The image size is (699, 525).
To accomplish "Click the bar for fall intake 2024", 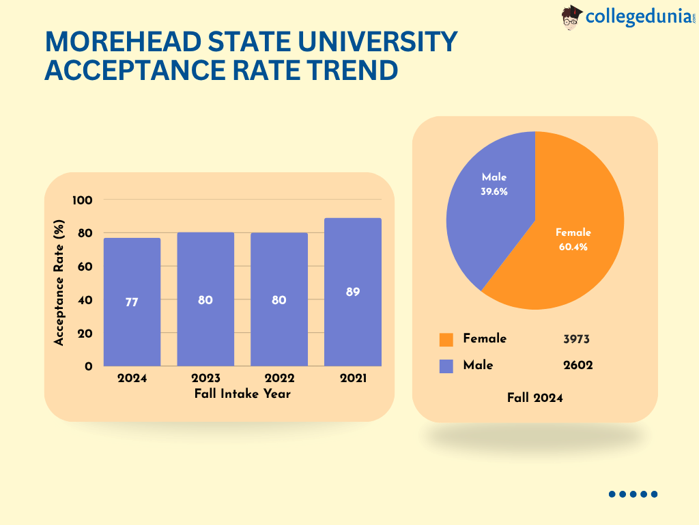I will pyautogui.click(x=132, y=328).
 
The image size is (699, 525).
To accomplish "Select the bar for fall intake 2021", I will pyautogui.click(x=352, y=328).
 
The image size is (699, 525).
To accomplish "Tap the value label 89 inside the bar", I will pyautogui.click(x=352, y=292).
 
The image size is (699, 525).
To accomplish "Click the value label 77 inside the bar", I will pyautogui.click(x=132, y=301).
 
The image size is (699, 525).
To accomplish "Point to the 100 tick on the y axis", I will pyautogui.click(x=83, y=200).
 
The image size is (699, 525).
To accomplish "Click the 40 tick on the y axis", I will pyautogui.click(x=85, y=300).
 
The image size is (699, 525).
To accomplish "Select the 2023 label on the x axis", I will pyautogui.click(x=205, y=378).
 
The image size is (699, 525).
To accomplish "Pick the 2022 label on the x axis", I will pyautogui.click(x=279, y=378).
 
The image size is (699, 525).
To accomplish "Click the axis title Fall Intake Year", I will pyautogui.click(x=242, y=394).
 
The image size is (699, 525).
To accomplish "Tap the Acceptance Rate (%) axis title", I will pyautogui.click(x=59, y=282).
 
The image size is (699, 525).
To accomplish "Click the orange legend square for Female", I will pyautogui.click(x=446, y=340).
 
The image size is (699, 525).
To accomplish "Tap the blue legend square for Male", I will pyautogui.click(x=446, y=366).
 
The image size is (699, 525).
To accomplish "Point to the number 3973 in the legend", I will pyautogui.click(x=577, y=339).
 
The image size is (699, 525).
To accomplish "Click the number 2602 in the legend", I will pyautogui.click(x=577, y=365).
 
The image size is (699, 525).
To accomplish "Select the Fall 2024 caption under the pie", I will pyautogui.click(x=535, y=398).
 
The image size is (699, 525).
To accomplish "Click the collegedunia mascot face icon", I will pyautogui.click(x=572, y=16).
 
